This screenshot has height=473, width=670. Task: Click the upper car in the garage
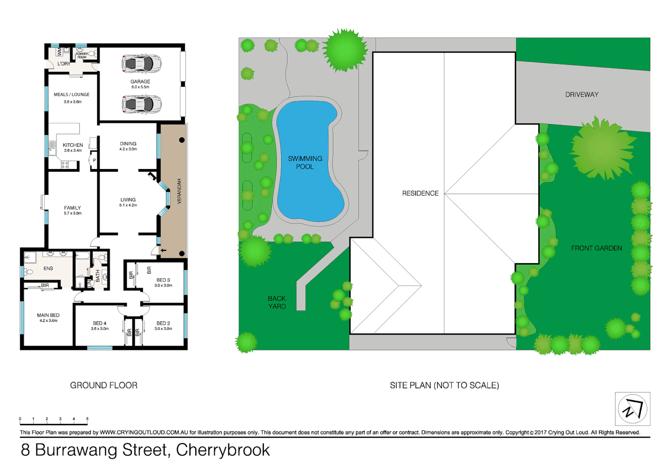(x=141, y=64)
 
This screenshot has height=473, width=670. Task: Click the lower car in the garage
(x=141, y=105)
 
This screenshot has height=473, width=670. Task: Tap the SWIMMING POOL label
(x=305, y=162)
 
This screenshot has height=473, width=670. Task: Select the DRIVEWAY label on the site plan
(x=581, y=95)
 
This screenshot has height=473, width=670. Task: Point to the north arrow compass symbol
(x=632, y=409)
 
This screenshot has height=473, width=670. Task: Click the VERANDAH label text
(x=179, y=191)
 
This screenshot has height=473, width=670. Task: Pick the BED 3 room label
(x=163, y=280)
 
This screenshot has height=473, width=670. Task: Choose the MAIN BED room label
(x=48, y=315)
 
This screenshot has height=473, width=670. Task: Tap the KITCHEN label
(x=73, y=145)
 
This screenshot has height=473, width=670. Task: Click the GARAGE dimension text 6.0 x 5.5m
(x=140, y=87)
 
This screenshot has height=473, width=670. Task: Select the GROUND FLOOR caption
(x=104, y=385)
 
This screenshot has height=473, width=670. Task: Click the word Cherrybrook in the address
(x=223, y=450)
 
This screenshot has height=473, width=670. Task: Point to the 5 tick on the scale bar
(x=87, y=419)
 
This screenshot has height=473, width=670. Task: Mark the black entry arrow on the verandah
(x=163, y=251)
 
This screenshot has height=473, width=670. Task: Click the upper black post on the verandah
(x=182, y=140)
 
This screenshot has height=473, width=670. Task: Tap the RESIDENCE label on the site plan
(x=420, y=193)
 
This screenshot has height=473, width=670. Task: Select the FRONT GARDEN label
(x=596, y=248)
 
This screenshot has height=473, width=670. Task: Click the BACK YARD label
(x=277, y=302)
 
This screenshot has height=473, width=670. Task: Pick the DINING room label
(x=128, y=144)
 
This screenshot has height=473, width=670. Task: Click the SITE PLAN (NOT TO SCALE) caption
(x=444, y=385)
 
